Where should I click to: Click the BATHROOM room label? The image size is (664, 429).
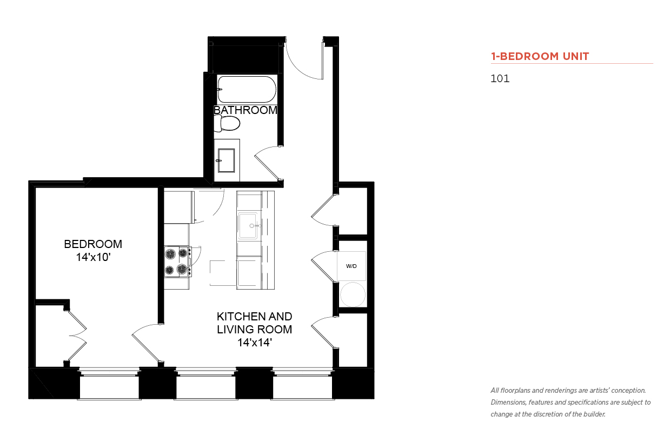[x=245, y=110]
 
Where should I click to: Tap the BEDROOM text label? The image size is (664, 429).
[x=93, y=244]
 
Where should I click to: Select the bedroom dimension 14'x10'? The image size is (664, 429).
[x=93, y=257]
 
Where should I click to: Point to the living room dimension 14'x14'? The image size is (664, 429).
[x=255, y=343]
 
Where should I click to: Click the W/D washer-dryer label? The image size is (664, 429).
[x=351, y=266]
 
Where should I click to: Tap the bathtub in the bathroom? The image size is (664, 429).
[x=247, y=90]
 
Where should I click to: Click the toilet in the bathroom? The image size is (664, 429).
[x=227, y=123]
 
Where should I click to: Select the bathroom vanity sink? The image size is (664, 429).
[x=227, y=160]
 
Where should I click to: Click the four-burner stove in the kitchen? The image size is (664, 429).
[x=177, y=262]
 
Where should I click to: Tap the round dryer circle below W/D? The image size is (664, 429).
[x=353, y=294]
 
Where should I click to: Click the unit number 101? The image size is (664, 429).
[x=500, y=78]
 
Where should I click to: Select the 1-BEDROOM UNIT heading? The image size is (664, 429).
[x=540, y=56]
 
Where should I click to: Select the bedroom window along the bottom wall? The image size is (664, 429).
[x=109, y=384]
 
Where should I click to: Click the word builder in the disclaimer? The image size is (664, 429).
[x=594, y=414]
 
